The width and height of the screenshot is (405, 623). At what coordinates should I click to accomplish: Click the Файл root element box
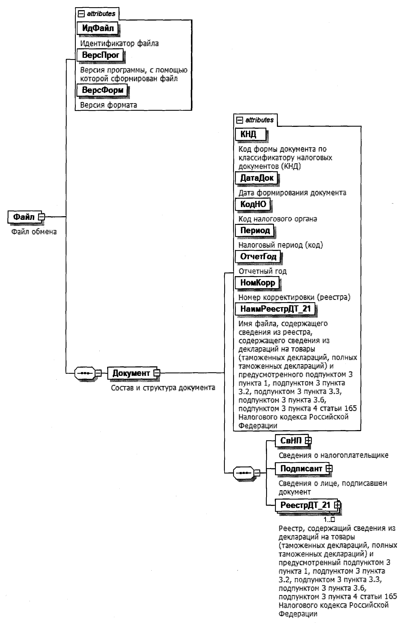coord(23,217)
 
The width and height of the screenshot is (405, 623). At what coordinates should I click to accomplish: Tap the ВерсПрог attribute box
coord(100,55)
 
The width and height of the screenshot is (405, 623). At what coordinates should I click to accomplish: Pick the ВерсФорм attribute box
coord(102,90)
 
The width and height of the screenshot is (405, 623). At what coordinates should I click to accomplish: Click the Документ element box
coord(131,373)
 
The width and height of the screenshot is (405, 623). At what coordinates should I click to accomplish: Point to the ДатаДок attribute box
coord(256,178)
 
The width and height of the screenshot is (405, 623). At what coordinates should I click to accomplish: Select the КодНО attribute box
coord(253,204)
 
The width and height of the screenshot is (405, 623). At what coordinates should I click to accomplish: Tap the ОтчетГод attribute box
coord(258,256)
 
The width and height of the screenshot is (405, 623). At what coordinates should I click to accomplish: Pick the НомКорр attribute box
coord(257,283)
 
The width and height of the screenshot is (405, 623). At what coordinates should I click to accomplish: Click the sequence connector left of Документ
coord(84,373)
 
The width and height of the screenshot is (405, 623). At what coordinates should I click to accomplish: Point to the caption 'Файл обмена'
coord(34,232)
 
